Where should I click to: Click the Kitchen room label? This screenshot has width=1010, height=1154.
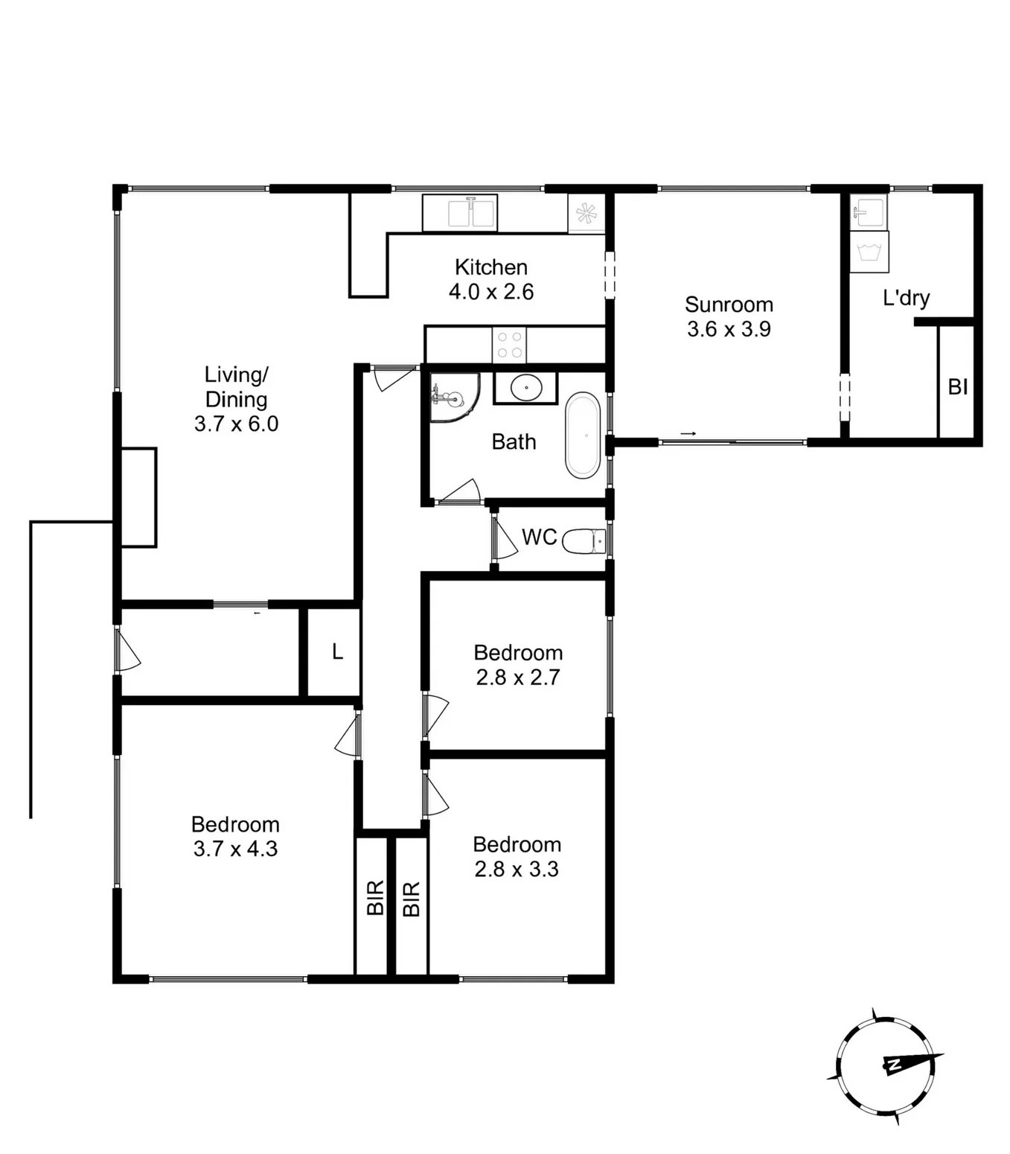[x=491, y=267]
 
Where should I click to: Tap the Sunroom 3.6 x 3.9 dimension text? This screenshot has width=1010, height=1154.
[x=729, y=329]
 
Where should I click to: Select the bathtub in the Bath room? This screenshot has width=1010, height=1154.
[x=583, y=436]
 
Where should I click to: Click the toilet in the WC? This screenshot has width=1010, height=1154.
[x=584, y=541]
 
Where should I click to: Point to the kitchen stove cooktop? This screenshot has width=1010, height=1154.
[x=509, y=345]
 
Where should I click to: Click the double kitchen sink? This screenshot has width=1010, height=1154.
[x=460, y=213]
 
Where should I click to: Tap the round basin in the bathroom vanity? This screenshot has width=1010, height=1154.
[x=526, y=387]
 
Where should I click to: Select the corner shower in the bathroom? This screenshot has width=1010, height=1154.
[x=455, y=397]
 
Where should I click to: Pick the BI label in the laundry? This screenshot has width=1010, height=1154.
[x=958, y=387]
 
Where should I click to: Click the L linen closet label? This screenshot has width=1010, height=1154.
[x=337, y=651]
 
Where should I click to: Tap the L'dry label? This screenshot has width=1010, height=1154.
[x=907, y=298]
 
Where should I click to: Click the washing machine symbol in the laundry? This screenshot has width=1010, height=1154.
[x=869, y=252]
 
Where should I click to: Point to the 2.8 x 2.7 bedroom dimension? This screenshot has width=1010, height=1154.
[x=518, y=677]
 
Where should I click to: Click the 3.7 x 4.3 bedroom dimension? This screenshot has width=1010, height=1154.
[x=236, y=848]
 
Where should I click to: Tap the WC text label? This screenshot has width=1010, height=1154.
[x=539, y=537]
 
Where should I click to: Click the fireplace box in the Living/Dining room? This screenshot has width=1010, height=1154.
[x=138, y=497]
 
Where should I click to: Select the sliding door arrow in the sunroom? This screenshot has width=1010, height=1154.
[x=688, y=433]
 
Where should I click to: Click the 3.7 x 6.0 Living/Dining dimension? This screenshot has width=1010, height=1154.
[x=236, y=424]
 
